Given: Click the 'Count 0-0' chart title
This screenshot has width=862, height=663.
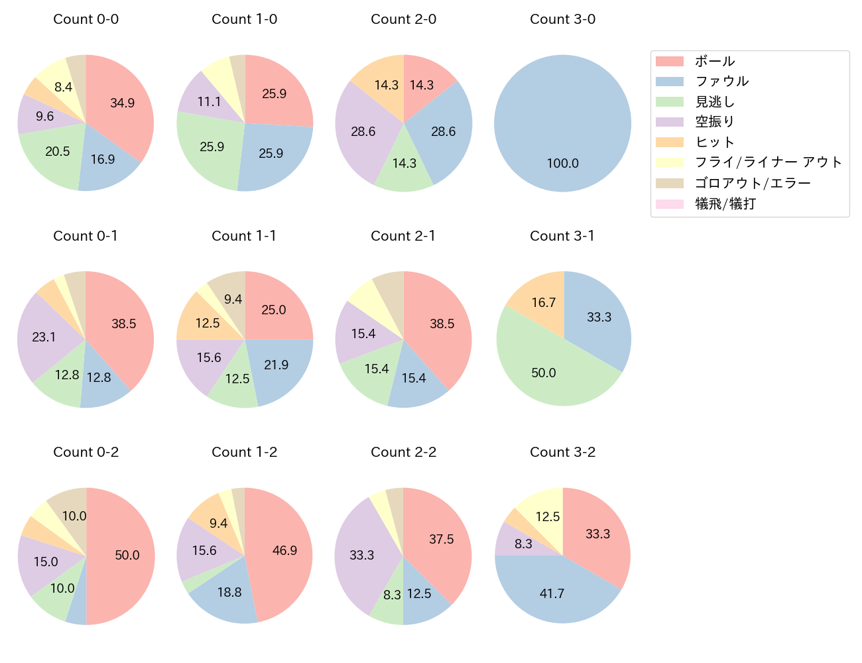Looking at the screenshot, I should point(86,19).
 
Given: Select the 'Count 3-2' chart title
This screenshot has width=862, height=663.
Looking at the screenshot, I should point(562,452).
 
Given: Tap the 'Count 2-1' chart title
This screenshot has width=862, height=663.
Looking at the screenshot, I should point(403,236).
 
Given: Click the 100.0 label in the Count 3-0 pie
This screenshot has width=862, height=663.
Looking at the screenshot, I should point(562,163).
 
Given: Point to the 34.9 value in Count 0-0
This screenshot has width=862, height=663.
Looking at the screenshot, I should point(122,103).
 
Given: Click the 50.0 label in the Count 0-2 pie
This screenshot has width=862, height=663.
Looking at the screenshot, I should point(127,555).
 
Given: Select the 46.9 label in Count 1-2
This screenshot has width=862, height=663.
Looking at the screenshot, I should point(284,550).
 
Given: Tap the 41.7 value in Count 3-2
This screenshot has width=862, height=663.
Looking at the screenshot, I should point(552,593).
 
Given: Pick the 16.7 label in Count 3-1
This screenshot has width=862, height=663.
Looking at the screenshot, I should point(543,302).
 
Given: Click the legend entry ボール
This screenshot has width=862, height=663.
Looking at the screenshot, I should point(714,62).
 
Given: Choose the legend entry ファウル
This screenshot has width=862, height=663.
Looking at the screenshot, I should point(721,82).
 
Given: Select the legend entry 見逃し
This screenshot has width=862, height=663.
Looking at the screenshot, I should point(714,102).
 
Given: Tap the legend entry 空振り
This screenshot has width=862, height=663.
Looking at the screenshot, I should point(714,122).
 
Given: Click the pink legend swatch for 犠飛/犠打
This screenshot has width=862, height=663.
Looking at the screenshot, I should point(669,204).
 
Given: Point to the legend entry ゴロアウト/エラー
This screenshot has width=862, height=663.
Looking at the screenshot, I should point(752,183).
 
